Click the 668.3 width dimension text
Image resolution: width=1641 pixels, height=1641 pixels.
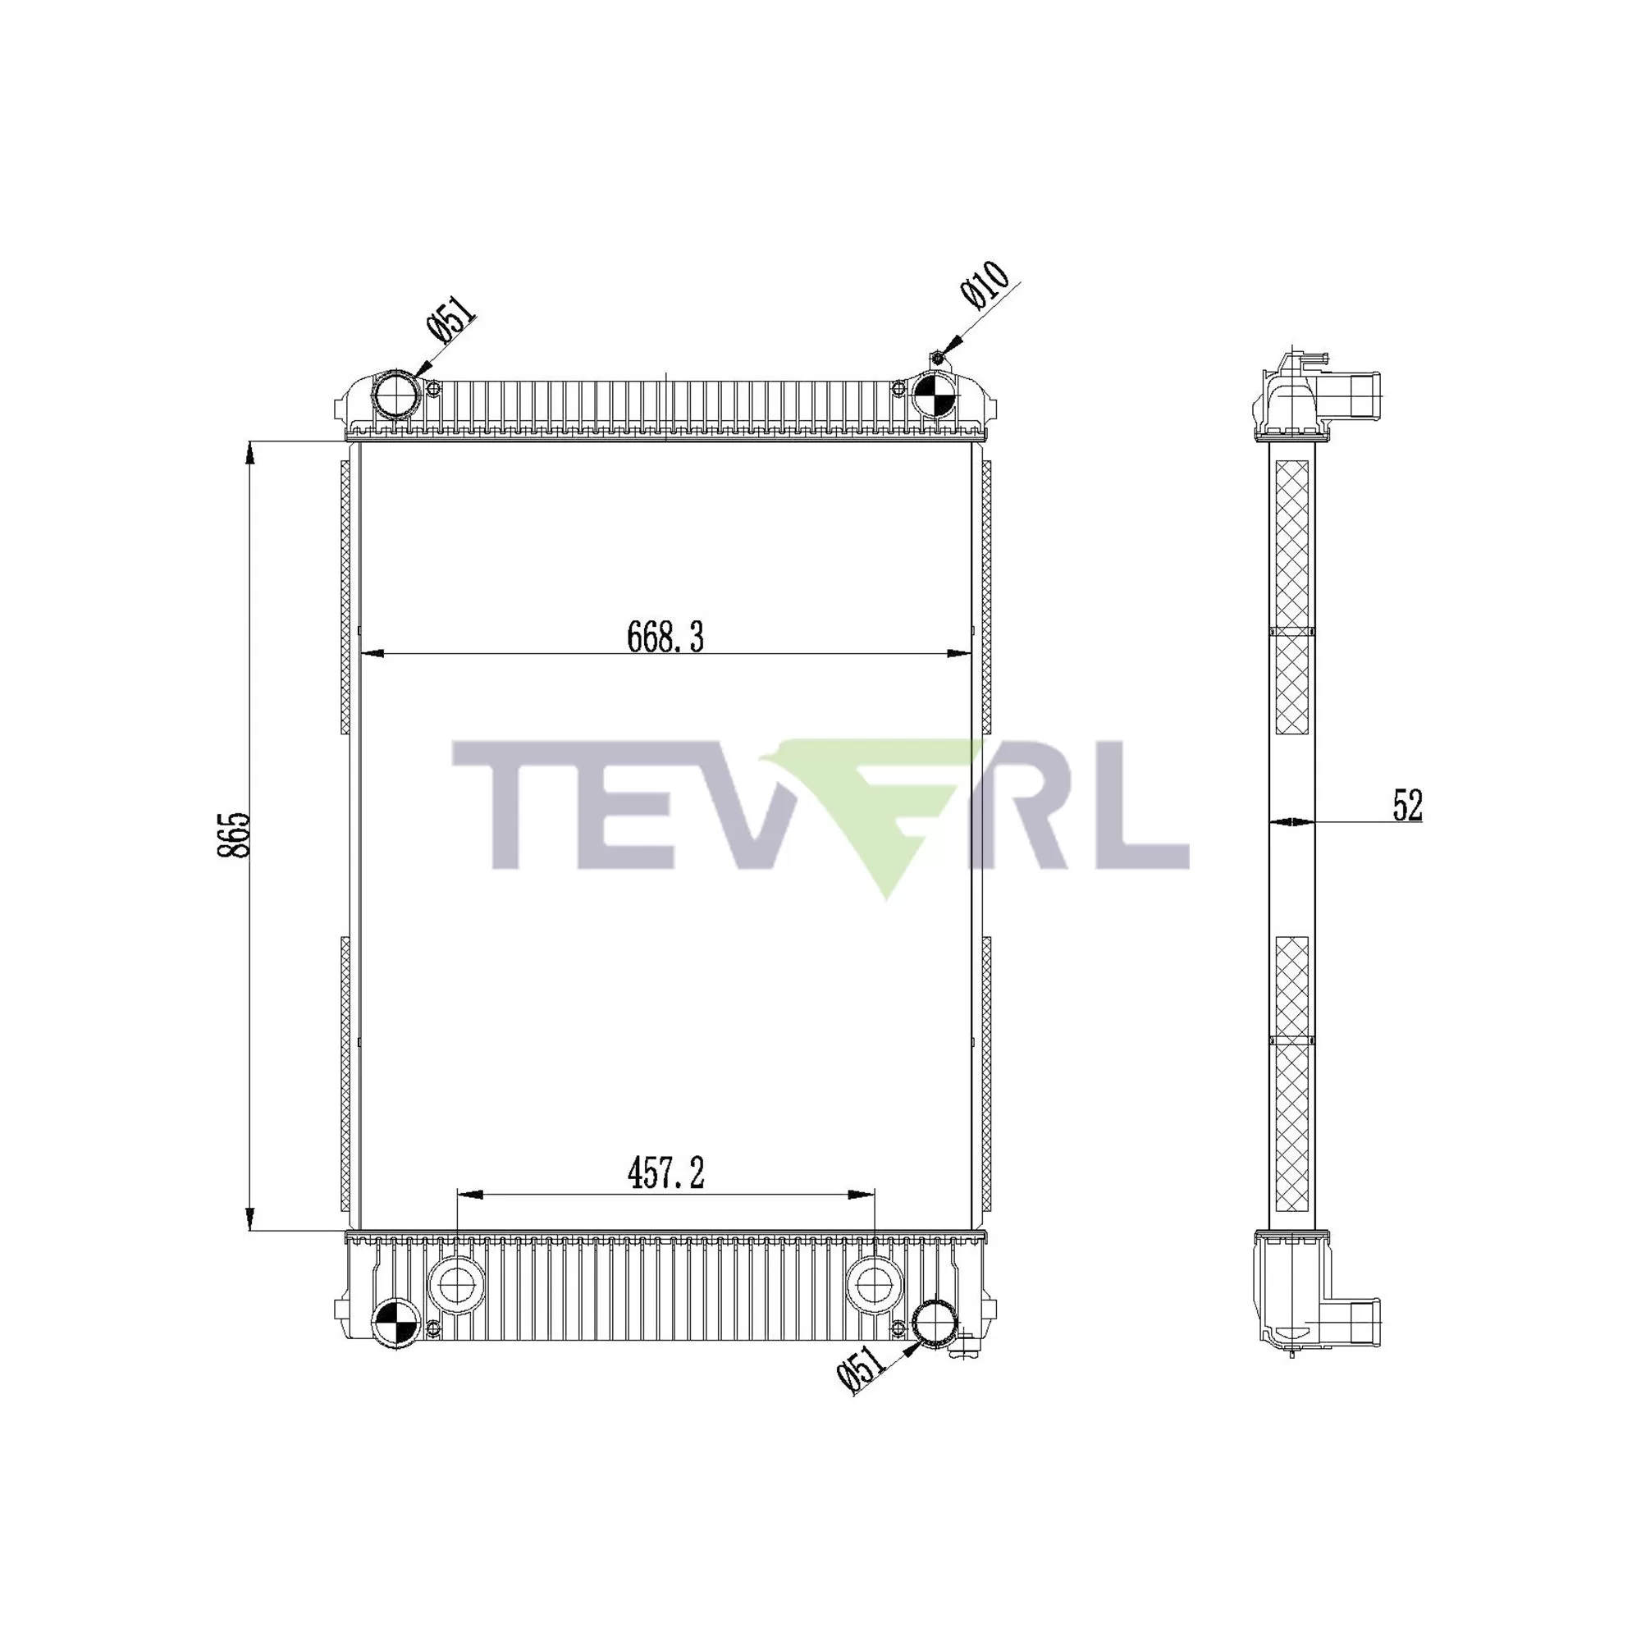[665, 637]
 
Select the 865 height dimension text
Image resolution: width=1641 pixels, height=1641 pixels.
[235, 835]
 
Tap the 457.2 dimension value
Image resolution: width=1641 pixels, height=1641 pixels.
[666, 1174]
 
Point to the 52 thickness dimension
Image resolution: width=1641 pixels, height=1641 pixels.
[1407, 805]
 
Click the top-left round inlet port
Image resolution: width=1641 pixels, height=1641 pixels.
[396, 394]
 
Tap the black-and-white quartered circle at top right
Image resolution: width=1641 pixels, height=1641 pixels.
[934, 394]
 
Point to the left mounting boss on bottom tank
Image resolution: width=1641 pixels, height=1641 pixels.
[457, 1286]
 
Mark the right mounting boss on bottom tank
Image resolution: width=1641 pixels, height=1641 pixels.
[875, 1286]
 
